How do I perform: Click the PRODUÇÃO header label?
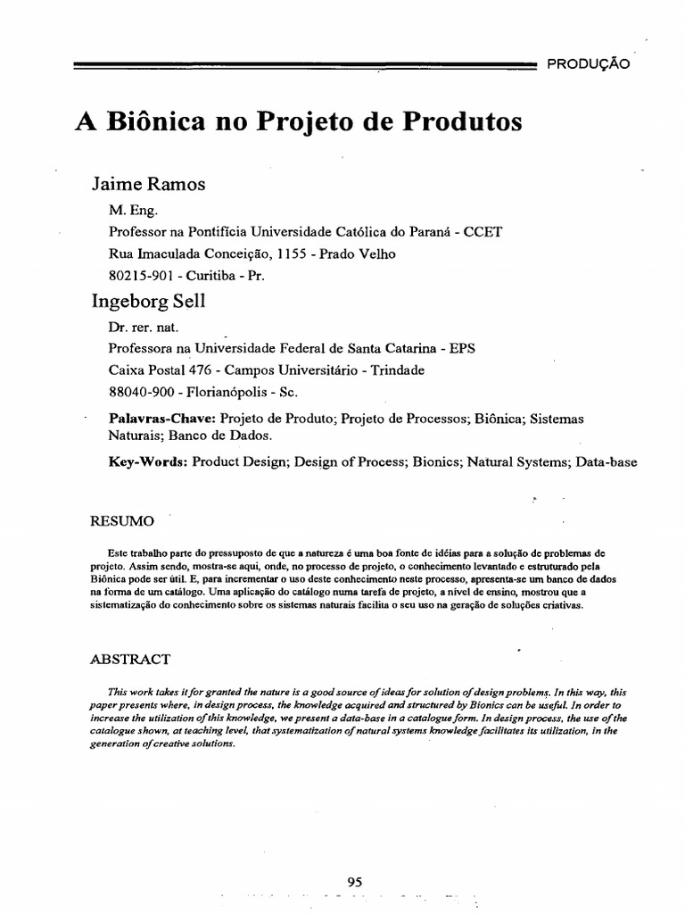588,64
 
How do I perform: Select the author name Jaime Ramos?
148,184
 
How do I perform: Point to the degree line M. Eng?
132,211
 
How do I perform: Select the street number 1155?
293,253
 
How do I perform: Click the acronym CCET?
482,232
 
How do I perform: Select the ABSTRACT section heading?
131,660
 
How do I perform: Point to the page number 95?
354,856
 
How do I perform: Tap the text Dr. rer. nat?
143,328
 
